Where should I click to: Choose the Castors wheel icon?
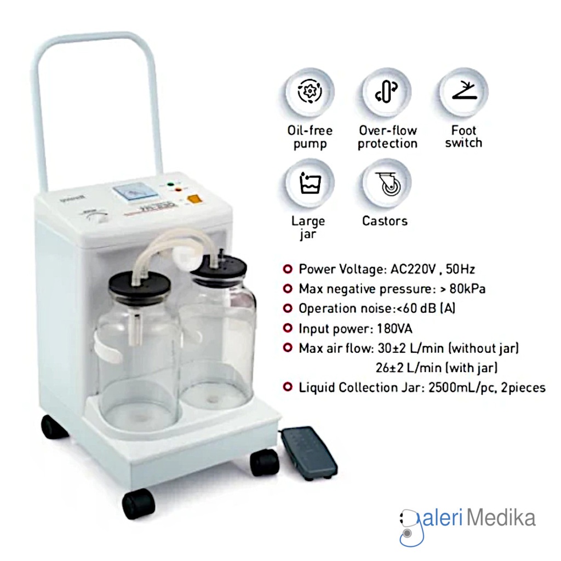coord(387,184)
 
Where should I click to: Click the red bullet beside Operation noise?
coord(287,308)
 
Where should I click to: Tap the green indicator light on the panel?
coord(171,184)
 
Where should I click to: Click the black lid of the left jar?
coord(140,285)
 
